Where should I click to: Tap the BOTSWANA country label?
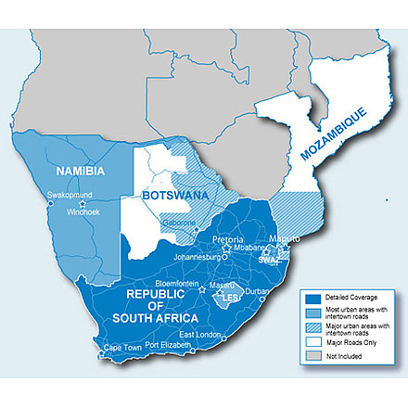(174, 197)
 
